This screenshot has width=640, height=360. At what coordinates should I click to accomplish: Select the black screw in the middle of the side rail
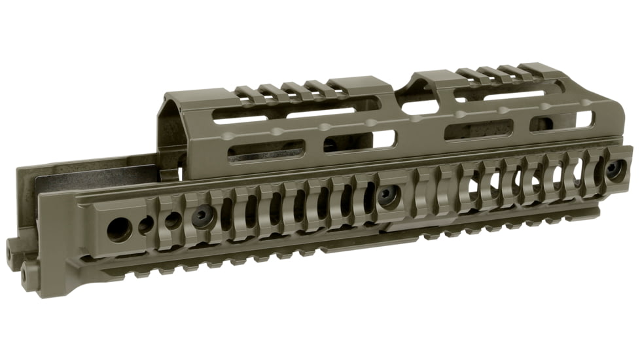(389, 196)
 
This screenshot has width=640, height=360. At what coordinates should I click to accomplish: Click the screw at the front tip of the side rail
(613, 169)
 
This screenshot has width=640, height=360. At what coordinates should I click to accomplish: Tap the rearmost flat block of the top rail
(185, 98)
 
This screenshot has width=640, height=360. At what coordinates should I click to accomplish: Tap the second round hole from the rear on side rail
(146, 225)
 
